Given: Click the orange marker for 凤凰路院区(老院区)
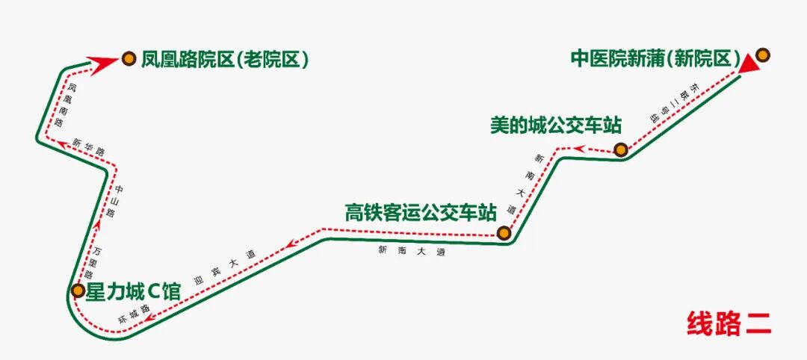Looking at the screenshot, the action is [x=129, y=58].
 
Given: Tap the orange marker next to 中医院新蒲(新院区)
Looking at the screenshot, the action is [x=762, y=55].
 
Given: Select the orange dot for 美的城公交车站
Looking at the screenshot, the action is [x=620, y=149].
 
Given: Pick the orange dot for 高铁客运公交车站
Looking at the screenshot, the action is [x=504, y=233].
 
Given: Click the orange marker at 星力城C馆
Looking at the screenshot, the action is [x=78, y=290].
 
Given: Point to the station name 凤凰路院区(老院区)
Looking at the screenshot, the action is [x=225, y=58].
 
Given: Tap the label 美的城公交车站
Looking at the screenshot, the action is [x=556, y=124].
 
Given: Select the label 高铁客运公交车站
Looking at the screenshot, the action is [x=421, y=212].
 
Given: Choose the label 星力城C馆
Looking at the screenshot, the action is [x=134, y=291].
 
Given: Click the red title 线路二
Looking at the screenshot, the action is [x=729, y=323].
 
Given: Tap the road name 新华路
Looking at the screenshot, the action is [x=89, y=146].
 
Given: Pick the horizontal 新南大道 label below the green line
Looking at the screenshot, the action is [x=412, y=251].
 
